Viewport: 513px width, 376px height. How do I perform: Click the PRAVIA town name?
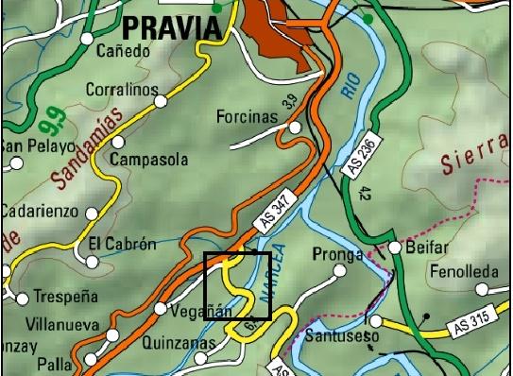point(172,27)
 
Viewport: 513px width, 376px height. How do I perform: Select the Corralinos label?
point(121,90)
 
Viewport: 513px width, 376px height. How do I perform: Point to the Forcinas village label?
point(248,117)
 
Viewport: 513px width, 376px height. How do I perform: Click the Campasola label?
point(149,160)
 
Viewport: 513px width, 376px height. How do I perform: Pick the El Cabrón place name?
point(122,244)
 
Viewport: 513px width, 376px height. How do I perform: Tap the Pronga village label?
point(337,255)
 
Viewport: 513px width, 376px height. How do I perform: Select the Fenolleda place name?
point(463,272)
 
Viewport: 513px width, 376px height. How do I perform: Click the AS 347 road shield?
point(277,214)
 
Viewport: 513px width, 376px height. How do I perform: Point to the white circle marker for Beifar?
point(394,248)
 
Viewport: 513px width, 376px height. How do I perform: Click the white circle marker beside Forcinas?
point(295,127)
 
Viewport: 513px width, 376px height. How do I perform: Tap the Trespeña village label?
point(65,296)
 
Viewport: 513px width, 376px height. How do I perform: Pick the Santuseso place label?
point(348,335)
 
